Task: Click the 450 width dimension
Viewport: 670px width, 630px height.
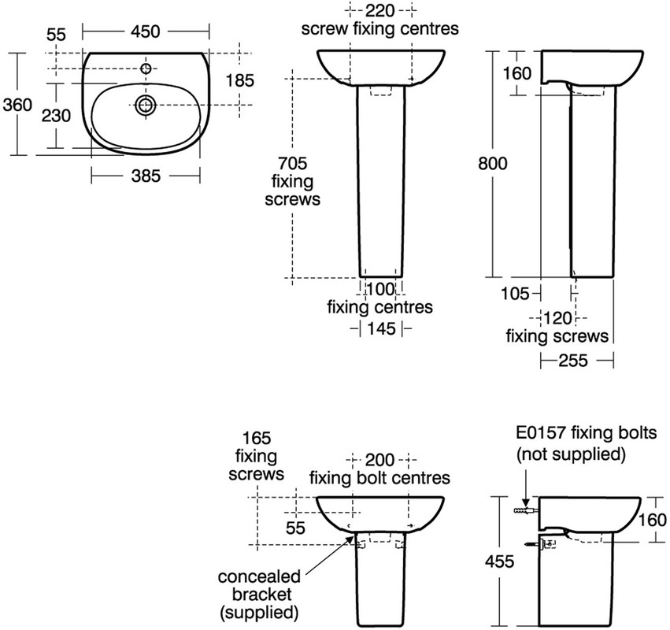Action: tap(146, 31)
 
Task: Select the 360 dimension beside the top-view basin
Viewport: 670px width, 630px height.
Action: tap(17, 104)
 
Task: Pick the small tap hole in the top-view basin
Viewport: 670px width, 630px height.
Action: tap(146, 69)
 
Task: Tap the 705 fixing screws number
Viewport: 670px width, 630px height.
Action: tap(287, 163)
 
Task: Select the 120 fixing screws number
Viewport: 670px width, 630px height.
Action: tap(557, 317)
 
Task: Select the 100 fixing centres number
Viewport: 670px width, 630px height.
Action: tap(381, 288)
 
